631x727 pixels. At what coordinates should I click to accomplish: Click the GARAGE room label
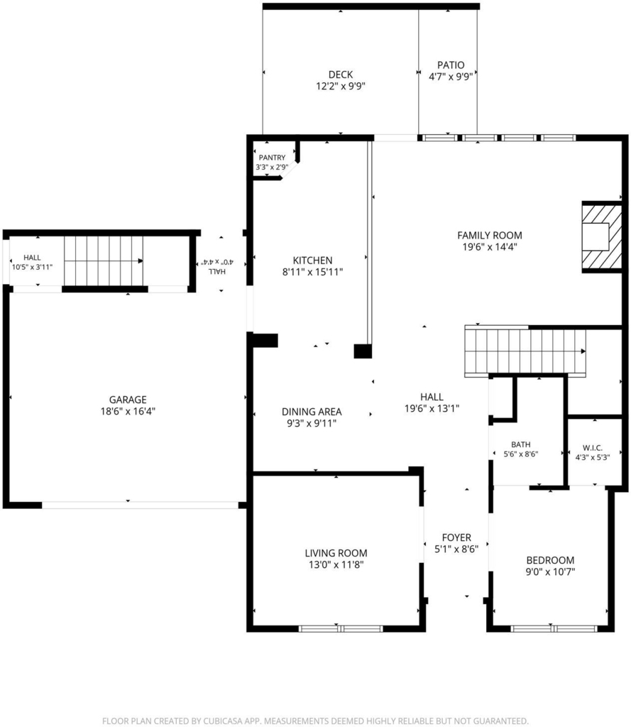tap(128, 399)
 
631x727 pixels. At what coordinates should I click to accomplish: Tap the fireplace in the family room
tap(602, 237)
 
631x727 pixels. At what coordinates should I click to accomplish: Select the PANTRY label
tap(272, 158)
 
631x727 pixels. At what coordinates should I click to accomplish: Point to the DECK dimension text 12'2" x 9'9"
tap(341, 86)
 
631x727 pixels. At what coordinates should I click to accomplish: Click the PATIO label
tap(451, 65)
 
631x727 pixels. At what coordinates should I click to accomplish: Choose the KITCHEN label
tap(312, 260)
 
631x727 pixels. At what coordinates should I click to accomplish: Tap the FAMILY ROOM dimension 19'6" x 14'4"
tap(490, 246)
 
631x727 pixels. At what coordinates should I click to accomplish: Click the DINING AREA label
tap(312, 411)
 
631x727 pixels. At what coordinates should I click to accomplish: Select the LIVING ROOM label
tap(336, 552)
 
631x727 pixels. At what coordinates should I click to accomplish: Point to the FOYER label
tap(456, 537)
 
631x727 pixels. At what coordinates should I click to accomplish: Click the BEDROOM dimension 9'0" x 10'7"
tap(550, 572)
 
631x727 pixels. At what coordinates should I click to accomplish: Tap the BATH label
tap(521, 444)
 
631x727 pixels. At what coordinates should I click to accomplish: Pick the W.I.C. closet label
tap(593, 448)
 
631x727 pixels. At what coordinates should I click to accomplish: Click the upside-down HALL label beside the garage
tap(217, 271)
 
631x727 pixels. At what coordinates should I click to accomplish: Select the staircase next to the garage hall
tap(104, 261)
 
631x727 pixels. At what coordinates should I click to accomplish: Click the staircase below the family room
tap(525, 351)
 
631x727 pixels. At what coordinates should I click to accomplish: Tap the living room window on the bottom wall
tap(341, 629)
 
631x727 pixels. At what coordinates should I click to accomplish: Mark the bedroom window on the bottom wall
tap(554, 629)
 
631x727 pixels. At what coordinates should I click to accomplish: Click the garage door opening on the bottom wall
tap(140, 505)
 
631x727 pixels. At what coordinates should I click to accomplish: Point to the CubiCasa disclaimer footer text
tap(315, 721)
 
